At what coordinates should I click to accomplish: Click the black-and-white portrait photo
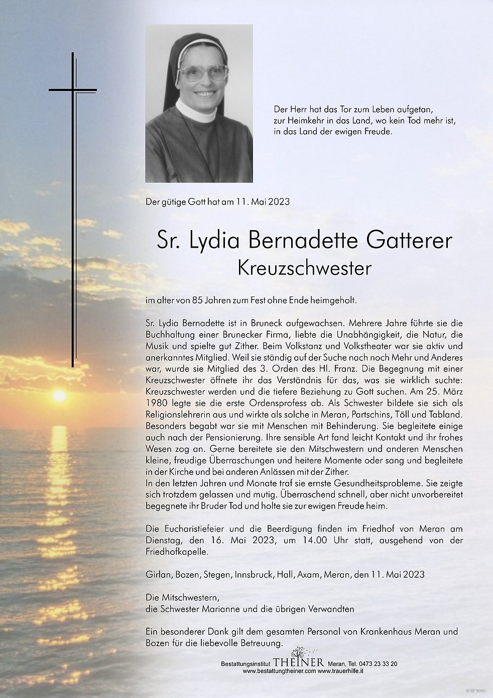pyautogui.click(x=199, y=105)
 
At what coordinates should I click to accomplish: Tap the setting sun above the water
pyautogui.click(x=59, y=396)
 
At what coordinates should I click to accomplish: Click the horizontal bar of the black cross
pyautogui.click(x=72, y=90)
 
